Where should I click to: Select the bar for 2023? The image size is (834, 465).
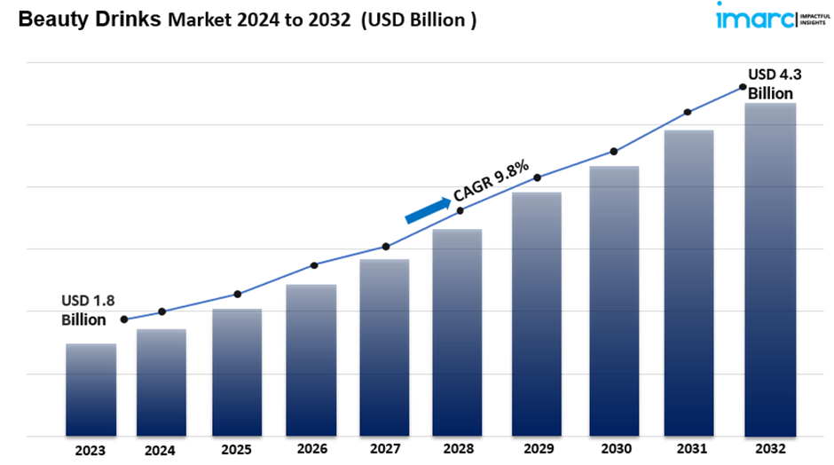(x=91, y=390)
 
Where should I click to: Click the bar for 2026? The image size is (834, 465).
(x=311, y=359)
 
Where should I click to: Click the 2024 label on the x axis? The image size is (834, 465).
(x=161, y=450)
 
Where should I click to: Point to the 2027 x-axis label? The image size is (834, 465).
(x=384, y=450)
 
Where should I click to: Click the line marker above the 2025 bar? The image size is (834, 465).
(x=238, y=294)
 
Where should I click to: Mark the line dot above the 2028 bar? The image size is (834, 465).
(x=460, y=210)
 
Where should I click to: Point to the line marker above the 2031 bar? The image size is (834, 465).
(x=688, y=113)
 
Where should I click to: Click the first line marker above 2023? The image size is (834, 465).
(x=124, y=319)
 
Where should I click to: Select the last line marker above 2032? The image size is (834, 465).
(x=742, y=87)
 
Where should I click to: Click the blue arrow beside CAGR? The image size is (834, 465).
(x=427, y=209)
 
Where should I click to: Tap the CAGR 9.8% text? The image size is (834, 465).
(x=491, y=179)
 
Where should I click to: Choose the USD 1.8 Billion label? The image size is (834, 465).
(x=88, y=310)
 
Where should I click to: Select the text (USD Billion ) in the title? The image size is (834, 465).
(x=417, y=20)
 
